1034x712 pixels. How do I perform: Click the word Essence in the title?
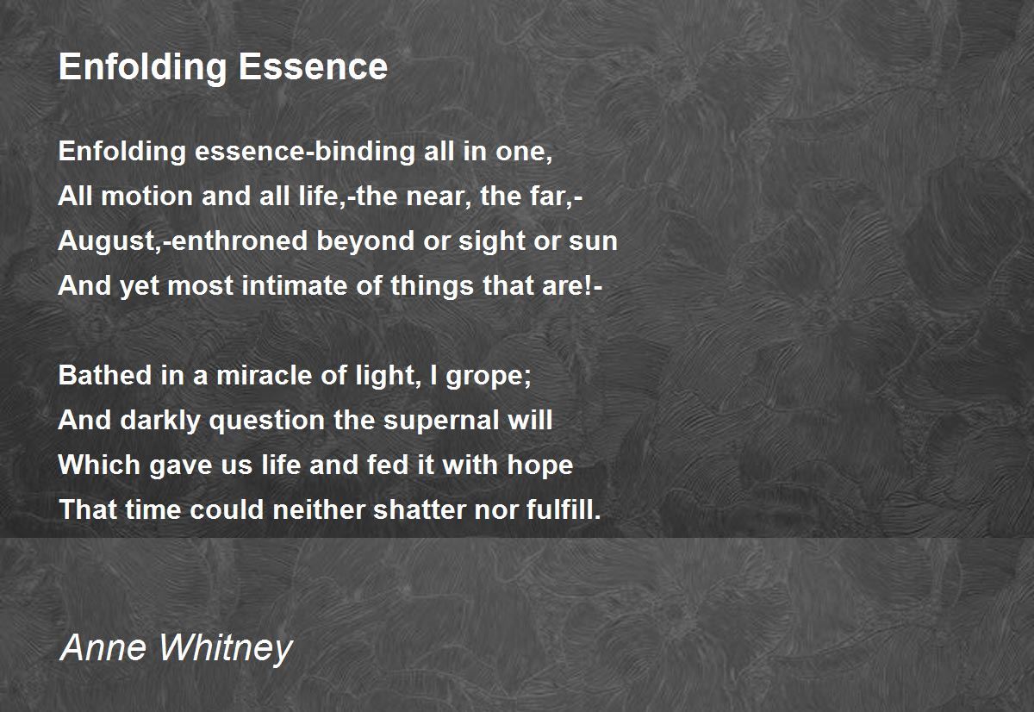point(313,66)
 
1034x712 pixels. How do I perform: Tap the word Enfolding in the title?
point(142,68)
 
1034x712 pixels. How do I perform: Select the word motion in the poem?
point(146,196)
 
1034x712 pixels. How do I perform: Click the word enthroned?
point(240,240)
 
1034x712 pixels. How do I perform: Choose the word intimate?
point(295,285)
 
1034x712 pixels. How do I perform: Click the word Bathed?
point(105,375)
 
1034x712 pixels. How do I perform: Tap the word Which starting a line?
point(99,465)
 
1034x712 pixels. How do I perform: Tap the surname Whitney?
point(226,649)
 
